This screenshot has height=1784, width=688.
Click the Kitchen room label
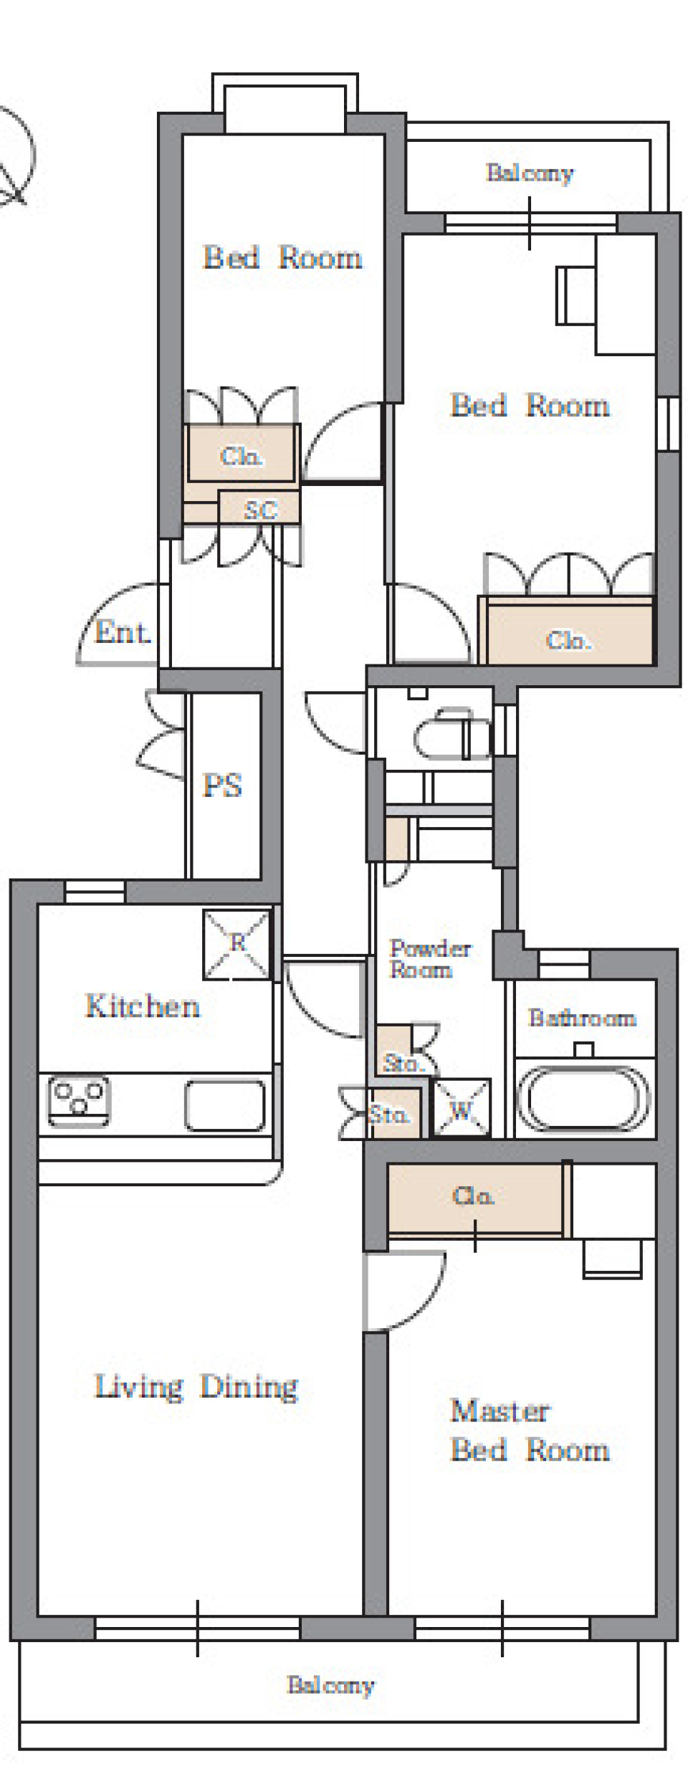pyautogui.click(x=143, y=1006)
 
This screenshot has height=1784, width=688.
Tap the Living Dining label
pyautogui.click(x=196, y=1387)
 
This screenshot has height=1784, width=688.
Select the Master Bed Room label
pyautogui.click(x=530, y=1430)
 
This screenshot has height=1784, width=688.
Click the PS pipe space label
pyautogui.click(x=222, y=786)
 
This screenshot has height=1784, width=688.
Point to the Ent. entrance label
pyautogui.click(x=123, y=632)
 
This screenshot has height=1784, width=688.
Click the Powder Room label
pyautogui.click(x=430, y=959)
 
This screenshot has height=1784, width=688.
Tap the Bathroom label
pyautogui.click(x=582, y=1018)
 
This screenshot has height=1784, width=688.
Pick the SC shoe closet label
pyautogui.click(x=260, y=510)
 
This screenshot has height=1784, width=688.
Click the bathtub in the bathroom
pyautogui.click(x=583, y=1099)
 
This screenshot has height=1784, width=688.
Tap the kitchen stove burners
pyautogui.click(x=79, y=1100)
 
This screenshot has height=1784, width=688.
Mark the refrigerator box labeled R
pyautogui.click(x=237, y=945)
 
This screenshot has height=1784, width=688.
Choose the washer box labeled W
pyautogui.click(x=462, y=1107)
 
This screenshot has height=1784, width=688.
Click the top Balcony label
pyautogui.click(x=530, y=173)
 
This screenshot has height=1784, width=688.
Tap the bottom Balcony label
pyautogui.click(x=330, y=1686)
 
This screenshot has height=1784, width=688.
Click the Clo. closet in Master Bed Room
pyautogui.click(x=474, y=1198)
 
